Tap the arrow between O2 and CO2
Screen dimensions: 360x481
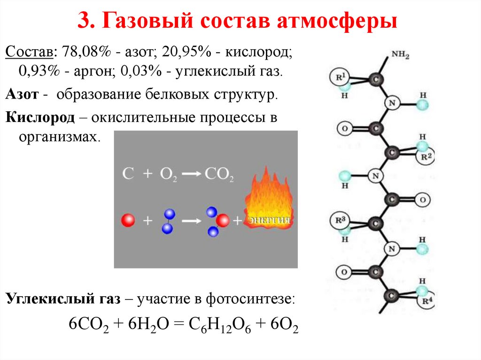(x=191, y=174)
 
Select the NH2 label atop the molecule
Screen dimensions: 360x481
(x=401, y=56)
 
